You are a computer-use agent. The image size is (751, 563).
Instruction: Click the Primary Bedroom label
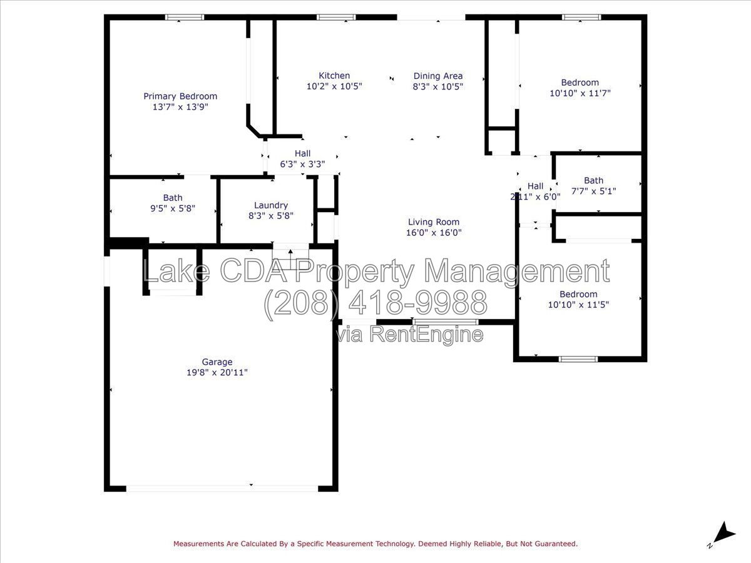click(180, 96)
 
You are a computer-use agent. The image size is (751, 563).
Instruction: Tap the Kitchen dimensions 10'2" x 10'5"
click(334, 86)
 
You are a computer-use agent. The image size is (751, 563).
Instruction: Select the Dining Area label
click(438, 76)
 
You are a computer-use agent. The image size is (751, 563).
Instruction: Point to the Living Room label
click(434, 222)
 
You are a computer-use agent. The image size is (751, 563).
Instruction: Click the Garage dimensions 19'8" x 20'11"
click(217, 372)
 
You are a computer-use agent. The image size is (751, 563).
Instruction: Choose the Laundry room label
click(271, 205)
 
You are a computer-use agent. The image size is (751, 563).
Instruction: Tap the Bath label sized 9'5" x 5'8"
click(173, 198)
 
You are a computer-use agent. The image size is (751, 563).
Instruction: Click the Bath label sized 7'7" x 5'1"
click(594, 181)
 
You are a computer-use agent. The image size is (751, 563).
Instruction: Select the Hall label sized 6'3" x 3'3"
click(302, 153)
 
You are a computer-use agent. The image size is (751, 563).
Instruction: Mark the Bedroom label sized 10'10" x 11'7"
click(580, 83)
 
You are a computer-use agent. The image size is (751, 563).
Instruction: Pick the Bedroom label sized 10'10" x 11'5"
click(578, 294)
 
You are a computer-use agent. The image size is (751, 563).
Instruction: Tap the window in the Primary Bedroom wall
click(185, 18)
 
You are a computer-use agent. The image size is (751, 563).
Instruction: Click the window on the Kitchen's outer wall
click(336, 18)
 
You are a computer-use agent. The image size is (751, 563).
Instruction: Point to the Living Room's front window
click(445, 322)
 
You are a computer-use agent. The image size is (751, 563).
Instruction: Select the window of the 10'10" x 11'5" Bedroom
click(578, 359)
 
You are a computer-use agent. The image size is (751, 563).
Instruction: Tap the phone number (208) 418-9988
click(376, 303)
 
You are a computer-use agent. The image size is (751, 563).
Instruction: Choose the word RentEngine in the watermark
click(426, 334)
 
